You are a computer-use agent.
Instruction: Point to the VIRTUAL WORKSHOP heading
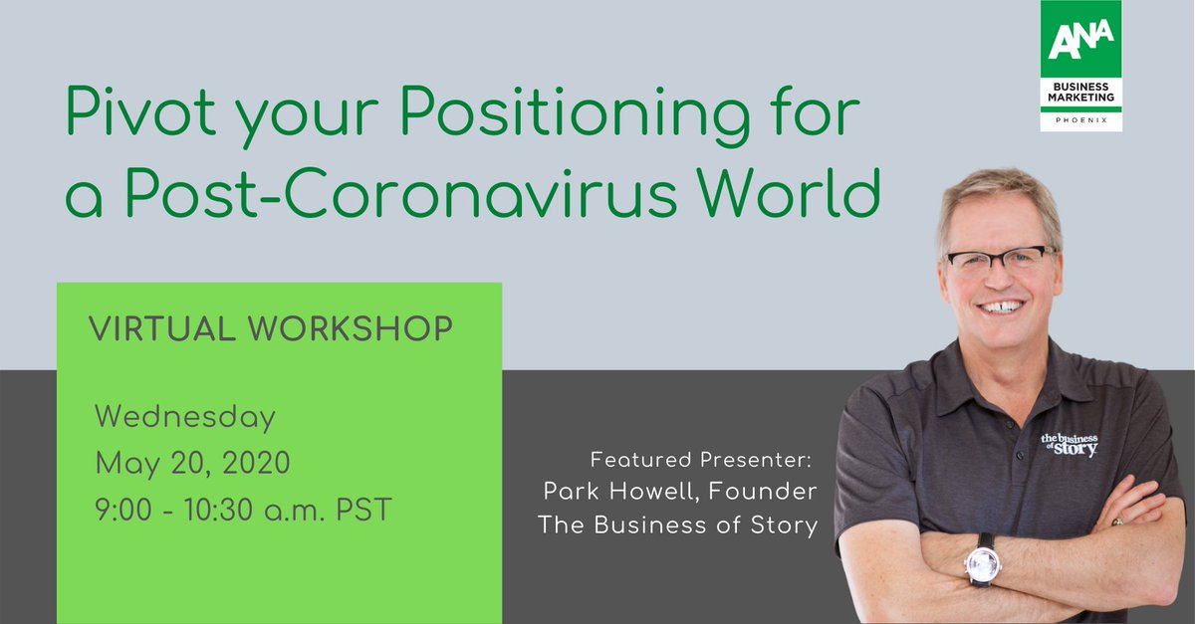click(270, 327)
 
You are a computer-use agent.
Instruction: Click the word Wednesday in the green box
click(184, 417)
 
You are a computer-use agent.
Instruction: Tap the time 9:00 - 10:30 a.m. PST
click(243, 510)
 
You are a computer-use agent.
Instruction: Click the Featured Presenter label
click(703, 460)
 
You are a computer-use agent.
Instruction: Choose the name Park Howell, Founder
click(680, 492)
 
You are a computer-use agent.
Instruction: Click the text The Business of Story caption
click(677, 523)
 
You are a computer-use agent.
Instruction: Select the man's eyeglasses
click(999, 260)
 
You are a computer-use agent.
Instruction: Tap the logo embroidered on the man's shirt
click(1070, 443)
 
